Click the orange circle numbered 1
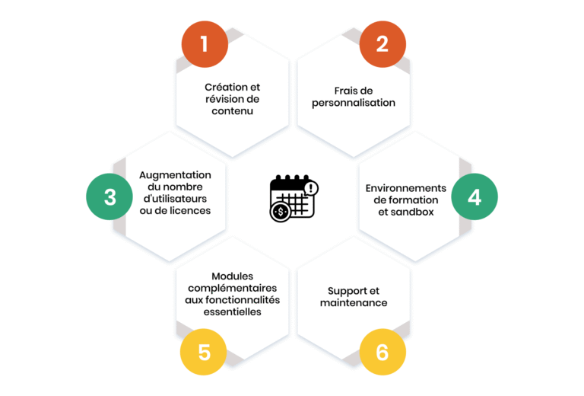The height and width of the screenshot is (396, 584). point(204,44)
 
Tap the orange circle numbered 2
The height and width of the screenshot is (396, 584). point(382,44)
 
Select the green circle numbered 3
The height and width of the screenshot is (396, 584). point(109,196)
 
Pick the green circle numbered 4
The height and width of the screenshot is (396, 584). point(474,196)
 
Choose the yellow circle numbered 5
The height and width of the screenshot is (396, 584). point(204,352)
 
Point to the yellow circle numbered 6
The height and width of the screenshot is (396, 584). point(382,352)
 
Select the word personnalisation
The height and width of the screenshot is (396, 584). point(353,103)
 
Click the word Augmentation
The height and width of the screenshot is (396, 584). point(175,175)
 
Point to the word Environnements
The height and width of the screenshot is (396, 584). point(405,188)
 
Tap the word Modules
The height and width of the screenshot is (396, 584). point(232,276)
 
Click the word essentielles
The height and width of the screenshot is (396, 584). point(232,311)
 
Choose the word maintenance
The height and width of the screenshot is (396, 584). point(353,303)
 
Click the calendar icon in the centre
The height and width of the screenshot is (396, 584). point(293,197)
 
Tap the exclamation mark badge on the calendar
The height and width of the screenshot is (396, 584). point(310,187)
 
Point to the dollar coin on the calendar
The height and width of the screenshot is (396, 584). point(280,212)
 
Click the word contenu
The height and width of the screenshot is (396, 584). point(232,111)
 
